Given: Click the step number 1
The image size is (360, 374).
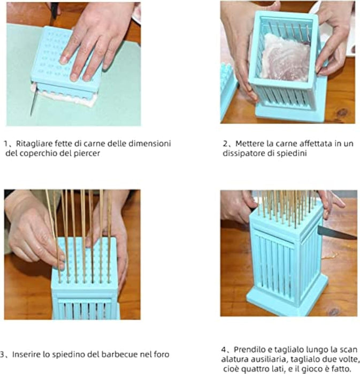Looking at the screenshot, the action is (5, 144).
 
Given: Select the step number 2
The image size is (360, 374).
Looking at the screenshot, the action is (225, 144).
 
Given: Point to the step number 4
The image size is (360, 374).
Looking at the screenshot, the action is (224, 349).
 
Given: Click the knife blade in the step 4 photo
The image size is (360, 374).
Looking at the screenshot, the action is (336, 233).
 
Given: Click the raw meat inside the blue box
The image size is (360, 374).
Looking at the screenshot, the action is (285, 57).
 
